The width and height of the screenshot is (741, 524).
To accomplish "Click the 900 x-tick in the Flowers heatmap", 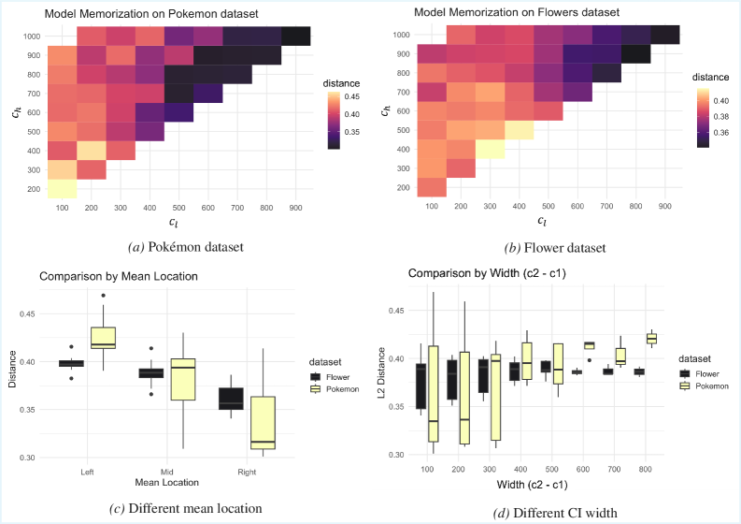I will pos(664,205).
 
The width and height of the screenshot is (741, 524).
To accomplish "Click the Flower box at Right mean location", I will pos(230,398).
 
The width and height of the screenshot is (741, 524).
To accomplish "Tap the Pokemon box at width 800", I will pos(651,338).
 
